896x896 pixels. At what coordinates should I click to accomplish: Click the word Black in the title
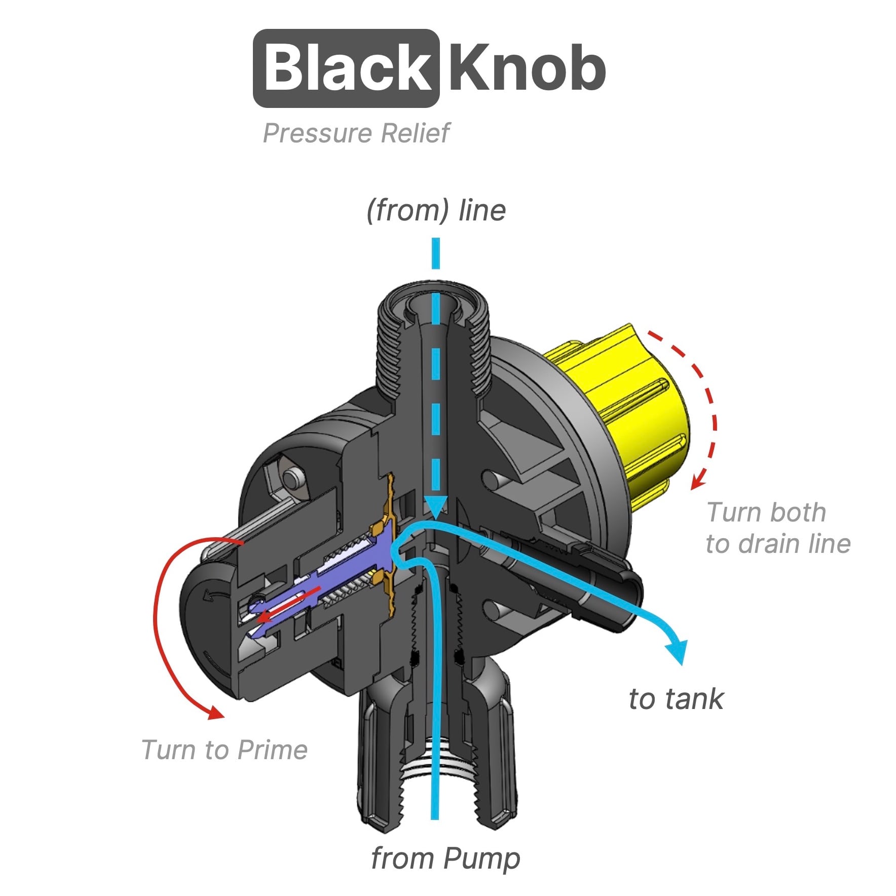pyautogui.click(x=346, y=68)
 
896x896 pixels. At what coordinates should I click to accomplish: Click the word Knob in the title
pyautogui.click(x=527, y=68)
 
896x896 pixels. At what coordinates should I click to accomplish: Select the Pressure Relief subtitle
pyautogui.click(x=356, y=133)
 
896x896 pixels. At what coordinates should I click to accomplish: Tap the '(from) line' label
pyautogui.click(x=436, y=210)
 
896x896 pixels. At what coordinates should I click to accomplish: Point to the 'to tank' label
pyautogui.click(x=676, y=699)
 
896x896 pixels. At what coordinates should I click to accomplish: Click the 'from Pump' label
pyautogui.click(x=445, y=858)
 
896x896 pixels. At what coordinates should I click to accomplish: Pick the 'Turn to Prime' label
pyautogui.click(x=225, y=750)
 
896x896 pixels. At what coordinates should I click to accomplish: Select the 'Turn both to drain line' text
pyautogui.click(x=777, y=528)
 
